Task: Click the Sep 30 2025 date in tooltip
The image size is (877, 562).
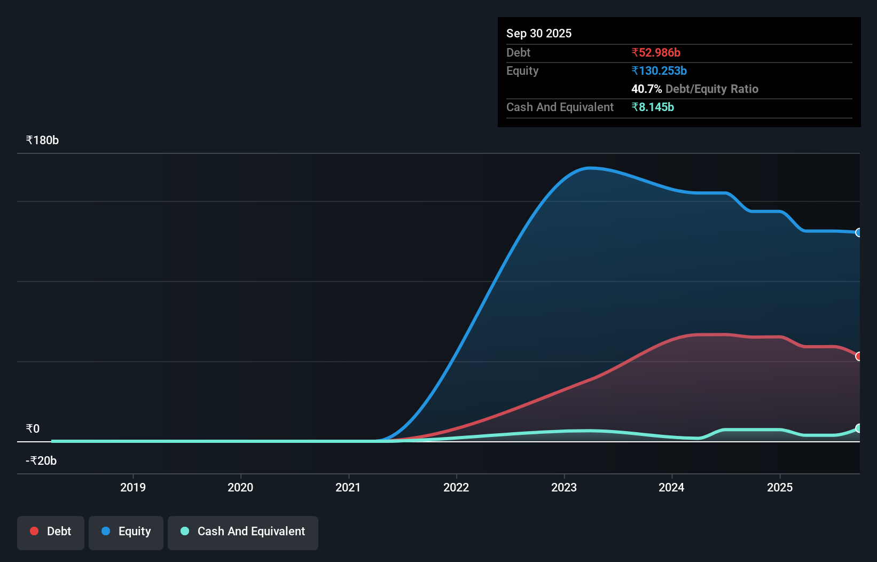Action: tap(538, 33)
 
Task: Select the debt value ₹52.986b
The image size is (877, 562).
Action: tap(655, 52)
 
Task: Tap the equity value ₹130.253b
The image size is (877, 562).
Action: tap(659, 71)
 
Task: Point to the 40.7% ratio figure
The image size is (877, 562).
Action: tap(646, 89)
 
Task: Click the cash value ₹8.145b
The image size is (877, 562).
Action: tap(652, 107)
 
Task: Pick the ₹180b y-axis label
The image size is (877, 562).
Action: tap(42, 140)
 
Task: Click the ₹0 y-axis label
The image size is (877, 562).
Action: tap(33, 428)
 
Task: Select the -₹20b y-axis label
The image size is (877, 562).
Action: tap(41, 460)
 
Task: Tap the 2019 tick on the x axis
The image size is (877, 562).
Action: tap(132, 487)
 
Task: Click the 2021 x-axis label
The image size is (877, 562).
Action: tap(348, 487)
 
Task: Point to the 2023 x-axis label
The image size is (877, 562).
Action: tap(563, 487)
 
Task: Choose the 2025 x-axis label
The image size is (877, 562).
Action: tap(779, 487)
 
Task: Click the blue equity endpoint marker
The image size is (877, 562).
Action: tap(859, 232)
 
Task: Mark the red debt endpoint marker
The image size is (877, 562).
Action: tap(859, 356)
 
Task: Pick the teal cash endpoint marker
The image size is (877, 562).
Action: tap(859, 428)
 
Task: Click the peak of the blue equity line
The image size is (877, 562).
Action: tap(590, 168)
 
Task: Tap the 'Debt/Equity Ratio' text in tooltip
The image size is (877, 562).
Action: tap(711, 89)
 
